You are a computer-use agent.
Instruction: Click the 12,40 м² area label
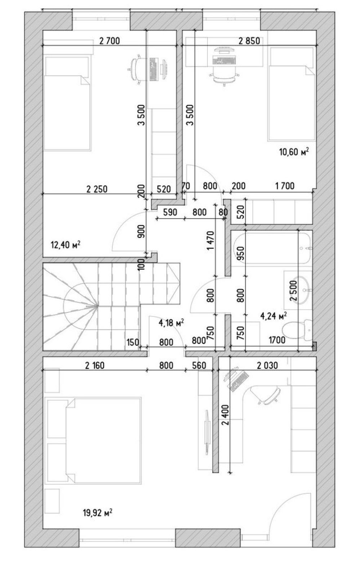click(x=66, y=244)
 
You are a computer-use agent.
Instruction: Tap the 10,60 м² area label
click(x=294, y=152)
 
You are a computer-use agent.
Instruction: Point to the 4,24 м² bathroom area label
click(x=274, y=316)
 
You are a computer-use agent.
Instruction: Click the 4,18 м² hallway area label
click(x=171, y=323)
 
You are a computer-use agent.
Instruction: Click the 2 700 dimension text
click(x=110, y=41)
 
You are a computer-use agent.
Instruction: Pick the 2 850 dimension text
click(x=249, y=41)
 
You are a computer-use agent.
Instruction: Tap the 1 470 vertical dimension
click(x=210, y=241)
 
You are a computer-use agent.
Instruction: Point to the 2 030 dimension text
click(x=267, y=365)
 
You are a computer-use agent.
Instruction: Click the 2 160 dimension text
click(x=95, y=365)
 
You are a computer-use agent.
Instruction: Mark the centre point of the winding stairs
click(x=98, y=306)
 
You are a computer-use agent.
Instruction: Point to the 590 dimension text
click(x=170, y=212)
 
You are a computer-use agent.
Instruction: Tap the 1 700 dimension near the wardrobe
click(x=285, y=186)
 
